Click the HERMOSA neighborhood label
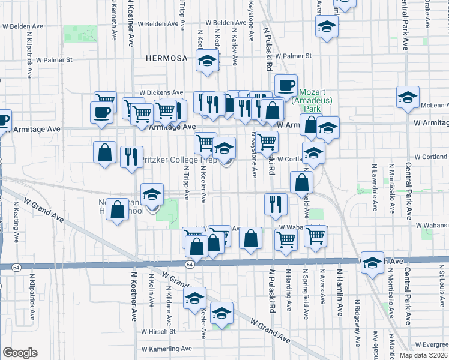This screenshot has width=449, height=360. (x=167, y=58)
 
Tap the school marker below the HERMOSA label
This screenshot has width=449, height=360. (x=208, y=61)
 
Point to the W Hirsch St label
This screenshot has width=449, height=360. (x=158, y=331)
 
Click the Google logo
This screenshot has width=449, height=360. (x=20, y=353)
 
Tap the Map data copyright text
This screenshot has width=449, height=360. (x=423, y=355)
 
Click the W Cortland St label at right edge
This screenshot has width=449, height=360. (x=430, y=157)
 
